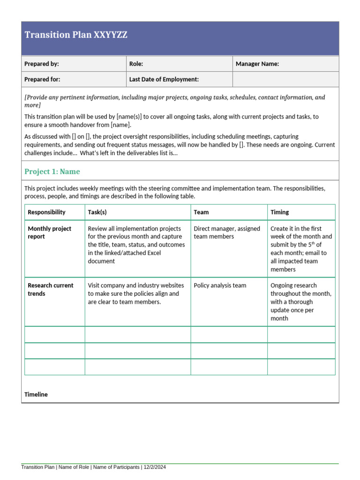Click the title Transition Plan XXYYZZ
click(75, 35)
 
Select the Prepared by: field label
click(42, 64)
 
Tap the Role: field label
click(136, 64)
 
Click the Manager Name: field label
click(257, 64)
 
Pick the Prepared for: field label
click(42, 79)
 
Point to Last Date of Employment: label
click(164, 79)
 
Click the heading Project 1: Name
click(52, 172)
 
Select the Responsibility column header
click(46, 212)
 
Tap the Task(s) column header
click(97, 212)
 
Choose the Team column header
click(201, 212)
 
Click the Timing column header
click(279, 212)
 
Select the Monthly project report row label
click(49, 232)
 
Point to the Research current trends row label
click(50, 289)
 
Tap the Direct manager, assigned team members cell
click(226, 232)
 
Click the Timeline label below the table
click(36, 394)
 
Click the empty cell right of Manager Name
click(285, 79)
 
